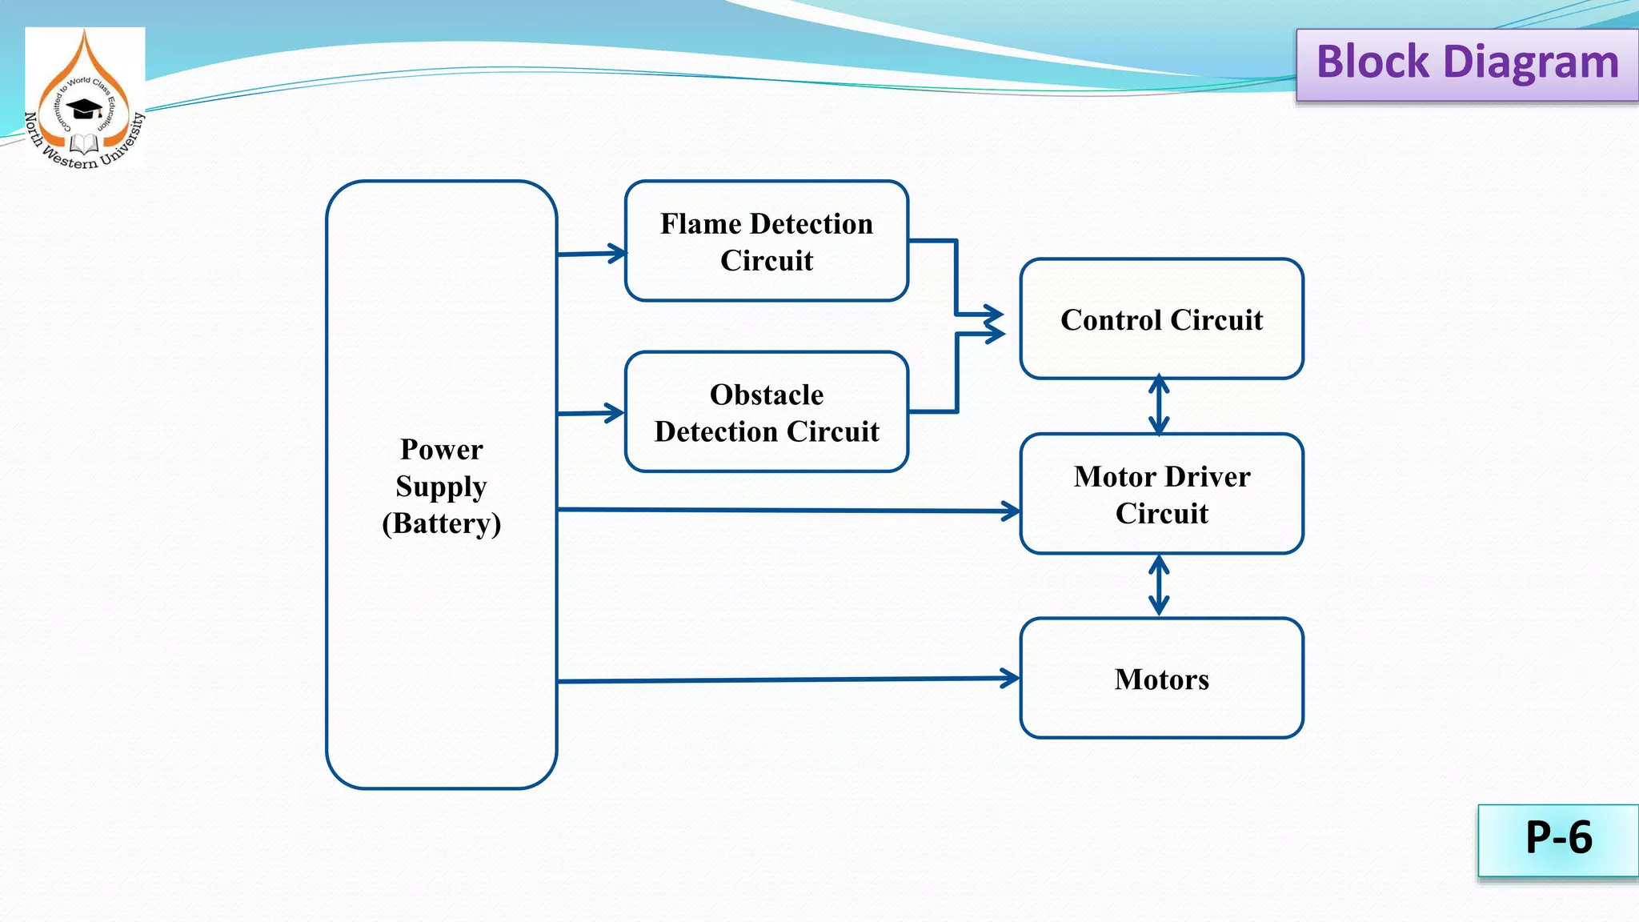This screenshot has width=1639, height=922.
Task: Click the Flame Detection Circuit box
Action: [x=766, y=241]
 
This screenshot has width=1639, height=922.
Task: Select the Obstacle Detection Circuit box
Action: [x=766, y=412]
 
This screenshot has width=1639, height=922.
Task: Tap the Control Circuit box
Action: [x=1161, y=319]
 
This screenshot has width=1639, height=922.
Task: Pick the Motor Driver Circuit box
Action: [x=1161, y=494]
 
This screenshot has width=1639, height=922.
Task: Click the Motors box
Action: [x=1161, y=678]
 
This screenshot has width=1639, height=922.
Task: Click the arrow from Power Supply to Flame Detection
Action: [x=591, y=254]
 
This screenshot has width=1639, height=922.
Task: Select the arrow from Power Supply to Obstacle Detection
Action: [x=591, y=413]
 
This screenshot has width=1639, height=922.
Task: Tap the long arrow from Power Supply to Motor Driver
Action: [x=788, y=510]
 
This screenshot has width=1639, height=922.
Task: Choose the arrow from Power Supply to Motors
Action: [x=788, y=679]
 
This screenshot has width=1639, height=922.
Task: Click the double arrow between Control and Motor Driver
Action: [x=1159, y=406]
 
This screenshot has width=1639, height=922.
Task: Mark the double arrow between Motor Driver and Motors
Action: [x=1159, y=586]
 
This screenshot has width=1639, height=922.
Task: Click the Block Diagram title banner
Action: [x=1466, y=64]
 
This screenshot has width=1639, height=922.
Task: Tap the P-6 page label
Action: [x=1557, y=840]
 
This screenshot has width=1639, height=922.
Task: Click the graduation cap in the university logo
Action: [x=83, y=108]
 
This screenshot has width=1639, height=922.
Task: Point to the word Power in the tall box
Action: [x=441, y=450]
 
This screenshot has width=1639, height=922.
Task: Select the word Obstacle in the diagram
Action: [x=766, y=395]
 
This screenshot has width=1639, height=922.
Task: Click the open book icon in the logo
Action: [x=83, y=144]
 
